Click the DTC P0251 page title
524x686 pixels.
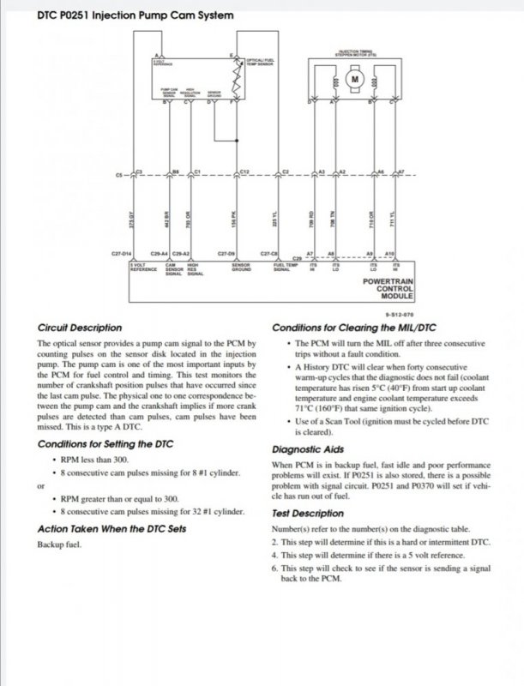(121, 15)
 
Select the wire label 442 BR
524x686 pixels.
(167, 218)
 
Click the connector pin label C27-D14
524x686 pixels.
(123, 255)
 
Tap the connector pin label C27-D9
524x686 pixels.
(227, 255)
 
